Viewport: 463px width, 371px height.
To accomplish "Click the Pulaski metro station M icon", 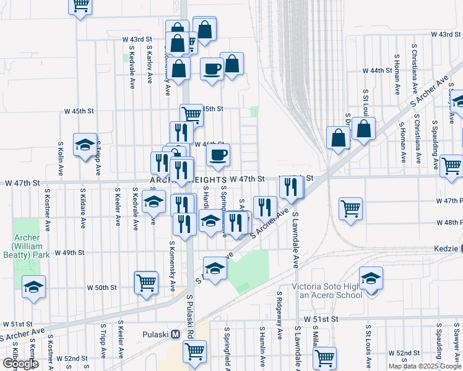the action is pos(176,334).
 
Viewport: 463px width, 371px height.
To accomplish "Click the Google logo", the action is pos(20,364).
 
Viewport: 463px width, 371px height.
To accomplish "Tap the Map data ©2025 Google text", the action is pos(424,366).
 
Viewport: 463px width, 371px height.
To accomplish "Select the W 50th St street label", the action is pos(102,288).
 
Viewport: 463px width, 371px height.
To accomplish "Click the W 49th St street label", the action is pos(69,253).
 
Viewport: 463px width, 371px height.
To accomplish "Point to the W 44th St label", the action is pos(374,71).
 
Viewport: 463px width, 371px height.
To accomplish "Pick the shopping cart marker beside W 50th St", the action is pos(146,282).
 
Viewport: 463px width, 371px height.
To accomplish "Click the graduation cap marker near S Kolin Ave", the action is pos(85,145).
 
